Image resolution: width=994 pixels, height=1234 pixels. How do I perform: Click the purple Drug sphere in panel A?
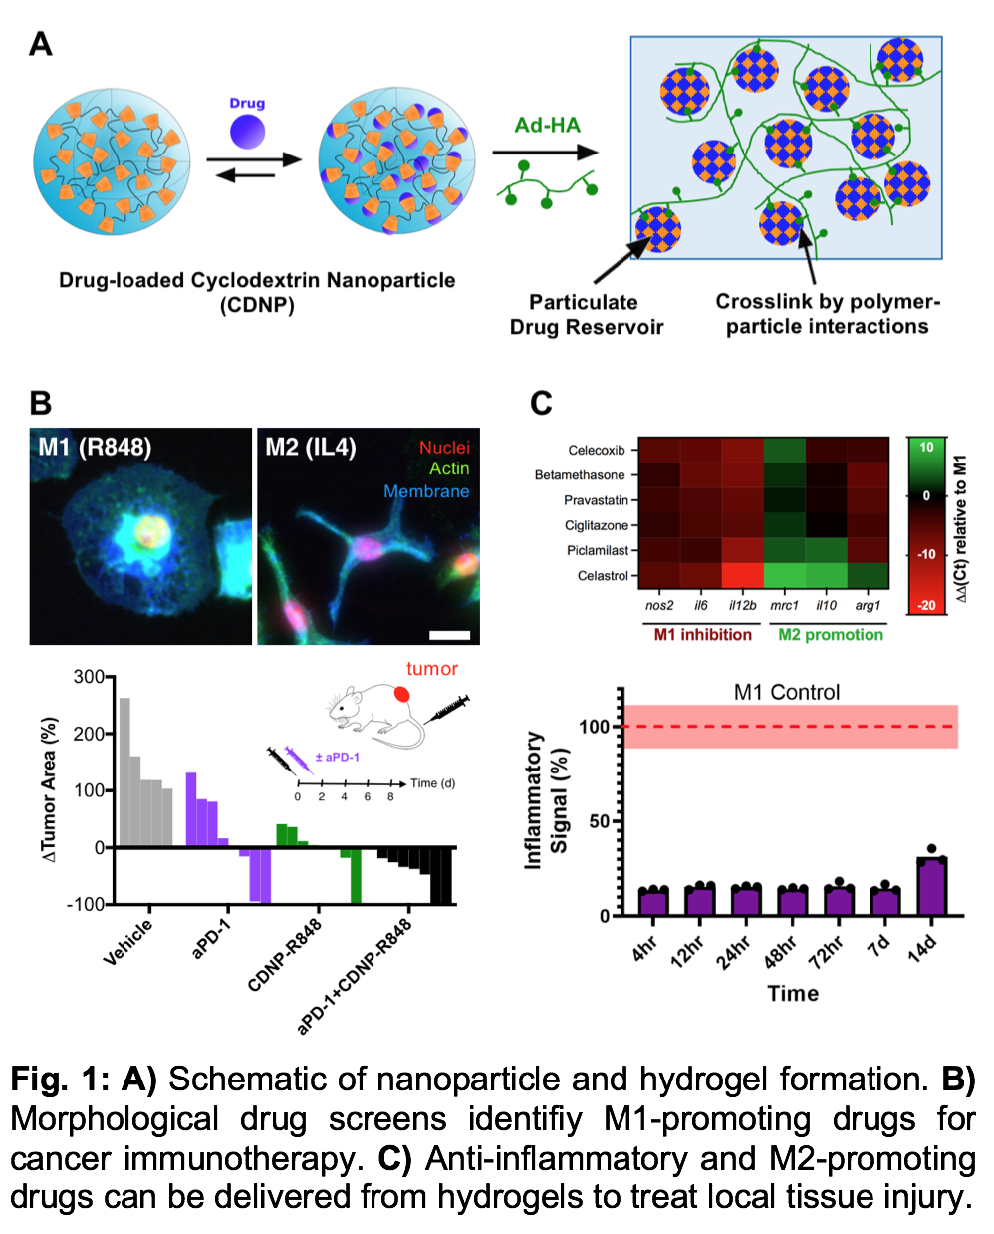click(247, 131)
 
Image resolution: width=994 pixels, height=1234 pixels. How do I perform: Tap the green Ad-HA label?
click(547, 125)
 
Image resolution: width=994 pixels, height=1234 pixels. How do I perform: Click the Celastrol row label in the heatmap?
click(603, 576)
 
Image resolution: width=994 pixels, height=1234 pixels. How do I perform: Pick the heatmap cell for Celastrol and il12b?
click(742, 576)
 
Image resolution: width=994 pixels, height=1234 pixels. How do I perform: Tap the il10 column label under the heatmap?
click(826, 605)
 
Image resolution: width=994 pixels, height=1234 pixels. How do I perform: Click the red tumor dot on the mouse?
click(401, 694)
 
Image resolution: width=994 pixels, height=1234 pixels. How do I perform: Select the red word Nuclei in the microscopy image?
click(444, 448)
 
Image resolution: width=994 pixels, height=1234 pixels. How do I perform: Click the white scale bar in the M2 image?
click(450, 634)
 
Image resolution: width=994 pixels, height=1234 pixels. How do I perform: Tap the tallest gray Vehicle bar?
click(124, 771)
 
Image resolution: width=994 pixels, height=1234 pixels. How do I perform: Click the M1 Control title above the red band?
click(787, 692)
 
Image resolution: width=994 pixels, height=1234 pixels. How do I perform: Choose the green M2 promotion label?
click(831, 635)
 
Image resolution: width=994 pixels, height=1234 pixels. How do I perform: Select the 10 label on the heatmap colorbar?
click(926, 447)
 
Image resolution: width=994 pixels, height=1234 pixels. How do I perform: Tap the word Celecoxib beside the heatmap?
click(597, 451)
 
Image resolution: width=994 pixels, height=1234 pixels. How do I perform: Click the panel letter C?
click(541, 403)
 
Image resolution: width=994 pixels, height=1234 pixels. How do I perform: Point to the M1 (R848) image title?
click(96, 447)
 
